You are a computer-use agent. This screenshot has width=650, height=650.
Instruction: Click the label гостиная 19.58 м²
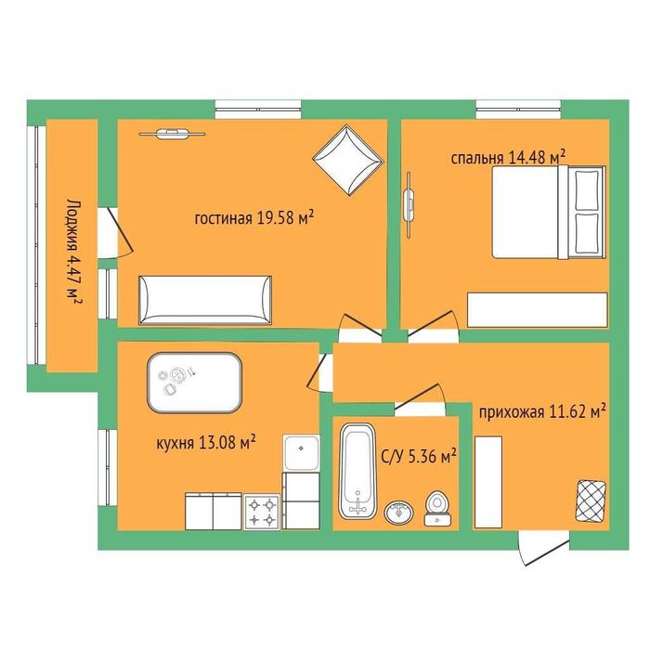point(253,217)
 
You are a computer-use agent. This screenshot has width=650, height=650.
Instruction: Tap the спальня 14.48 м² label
point(508,158)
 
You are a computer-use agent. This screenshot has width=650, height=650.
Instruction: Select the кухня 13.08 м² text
point(205,443)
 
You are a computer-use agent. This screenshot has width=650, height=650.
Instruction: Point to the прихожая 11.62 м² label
point(542,412)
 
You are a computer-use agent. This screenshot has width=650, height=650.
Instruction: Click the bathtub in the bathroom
point(357,471)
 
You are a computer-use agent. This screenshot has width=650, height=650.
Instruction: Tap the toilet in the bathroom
point(437,509)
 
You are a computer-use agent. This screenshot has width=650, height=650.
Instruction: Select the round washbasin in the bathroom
point(398,513)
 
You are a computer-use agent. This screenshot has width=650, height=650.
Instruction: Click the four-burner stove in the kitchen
point(262,512)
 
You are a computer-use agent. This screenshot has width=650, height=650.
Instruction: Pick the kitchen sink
point(302,453)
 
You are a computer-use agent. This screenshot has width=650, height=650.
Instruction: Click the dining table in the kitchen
point(194,383)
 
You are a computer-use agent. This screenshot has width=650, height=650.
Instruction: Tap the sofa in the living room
point(205,300)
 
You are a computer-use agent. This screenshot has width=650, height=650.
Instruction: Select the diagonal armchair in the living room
point(347,160)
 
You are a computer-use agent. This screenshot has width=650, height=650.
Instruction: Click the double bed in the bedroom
point(549,212)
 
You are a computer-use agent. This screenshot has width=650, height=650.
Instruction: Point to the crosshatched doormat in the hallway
point(591,500)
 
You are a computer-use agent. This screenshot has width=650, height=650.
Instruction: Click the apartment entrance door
point(544,548)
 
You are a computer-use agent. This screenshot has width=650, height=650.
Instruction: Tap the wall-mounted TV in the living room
point(172,133)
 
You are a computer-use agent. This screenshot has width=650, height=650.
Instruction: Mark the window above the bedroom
point(518,110)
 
